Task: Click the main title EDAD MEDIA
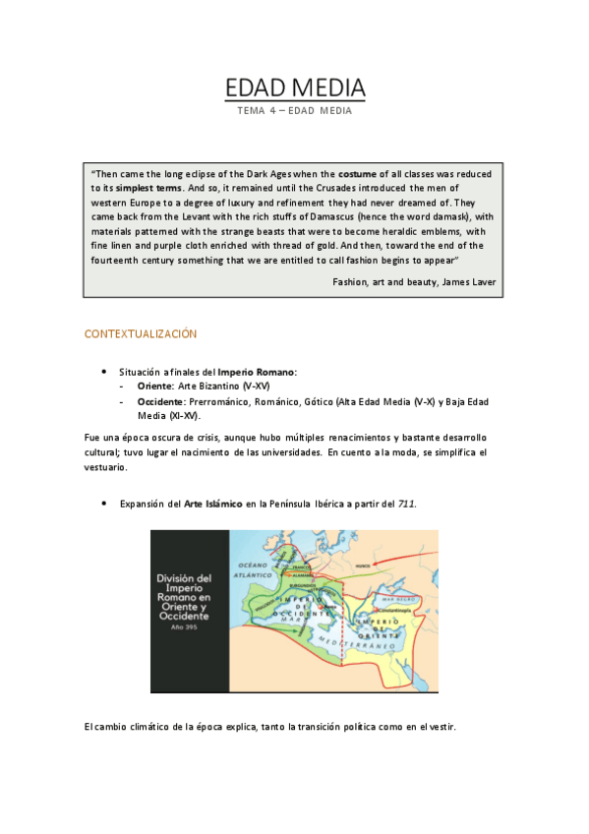(295, 88)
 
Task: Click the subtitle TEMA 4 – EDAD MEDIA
(295, 111)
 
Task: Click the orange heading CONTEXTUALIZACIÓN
(141, 334)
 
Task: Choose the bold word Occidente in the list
(163, 401)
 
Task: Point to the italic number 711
(406, 504)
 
